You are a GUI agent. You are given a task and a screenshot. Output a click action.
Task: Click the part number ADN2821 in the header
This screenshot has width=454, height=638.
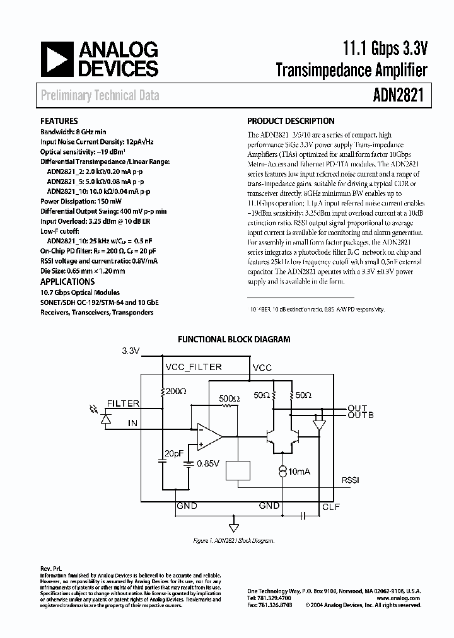tap(396, 95)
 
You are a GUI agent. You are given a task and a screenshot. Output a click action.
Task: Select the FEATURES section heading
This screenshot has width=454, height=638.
tap(59, 121)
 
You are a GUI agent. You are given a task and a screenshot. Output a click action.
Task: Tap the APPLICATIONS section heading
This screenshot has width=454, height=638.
tap(67, 282)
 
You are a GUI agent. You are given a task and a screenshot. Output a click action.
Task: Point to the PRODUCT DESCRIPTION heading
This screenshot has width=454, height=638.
tap(291, 121)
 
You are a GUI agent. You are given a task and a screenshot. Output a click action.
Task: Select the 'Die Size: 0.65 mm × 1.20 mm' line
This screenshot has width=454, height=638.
tap(83, 271)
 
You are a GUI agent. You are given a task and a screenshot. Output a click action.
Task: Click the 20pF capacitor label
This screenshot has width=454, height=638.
tap(175, 454)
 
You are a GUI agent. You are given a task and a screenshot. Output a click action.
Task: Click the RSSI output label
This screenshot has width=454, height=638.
tap(350, 480)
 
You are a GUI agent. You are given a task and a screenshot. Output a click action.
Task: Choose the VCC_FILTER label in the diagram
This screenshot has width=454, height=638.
tap(193, 366)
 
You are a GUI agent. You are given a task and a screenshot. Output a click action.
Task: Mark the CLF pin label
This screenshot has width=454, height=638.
tap(331, 506)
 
